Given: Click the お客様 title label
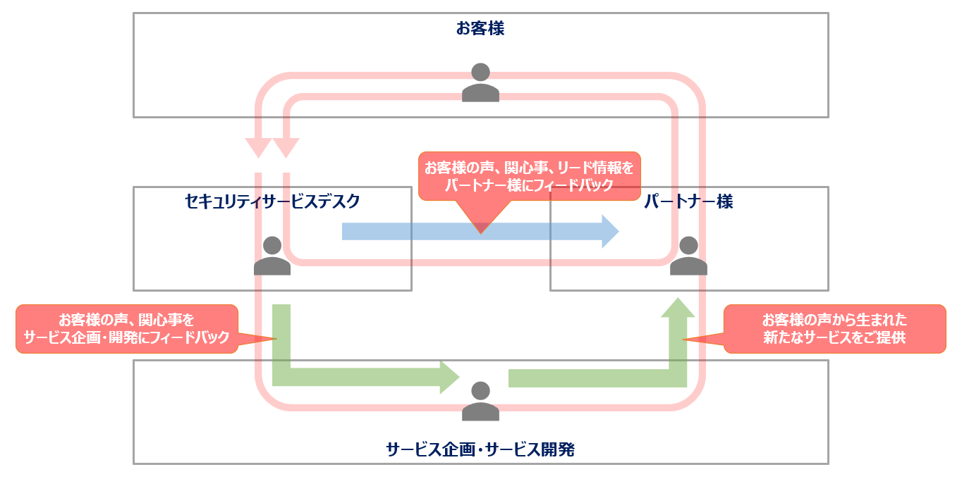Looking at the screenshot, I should [480, 29].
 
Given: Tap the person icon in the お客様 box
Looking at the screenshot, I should [480, 82].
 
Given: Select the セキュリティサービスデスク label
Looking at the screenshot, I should [272, 202].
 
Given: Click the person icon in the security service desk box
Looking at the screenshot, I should [272, 256].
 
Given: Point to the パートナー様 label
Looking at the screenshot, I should [688, 202].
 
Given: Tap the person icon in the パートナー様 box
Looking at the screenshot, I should [688, 256].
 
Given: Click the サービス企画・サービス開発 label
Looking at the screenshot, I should [480, 449].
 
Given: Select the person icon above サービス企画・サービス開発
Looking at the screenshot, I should [480, 401].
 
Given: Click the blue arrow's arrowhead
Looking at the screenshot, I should [610, 231].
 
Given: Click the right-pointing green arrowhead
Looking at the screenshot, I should [450, 377].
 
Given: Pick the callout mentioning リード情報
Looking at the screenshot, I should [529, 176].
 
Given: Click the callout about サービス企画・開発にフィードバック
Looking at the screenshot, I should [127, 328].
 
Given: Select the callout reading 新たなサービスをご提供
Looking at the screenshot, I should [834, 328].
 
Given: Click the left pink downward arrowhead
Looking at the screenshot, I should [258, 147].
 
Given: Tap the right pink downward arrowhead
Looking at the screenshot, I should [286, 147].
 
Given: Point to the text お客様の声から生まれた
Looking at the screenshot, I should [834, 319].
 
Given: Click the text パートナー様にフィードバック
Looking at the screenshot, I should [529, 185].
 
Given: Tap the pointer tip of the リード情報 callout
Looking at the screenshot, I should [481, 232].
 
